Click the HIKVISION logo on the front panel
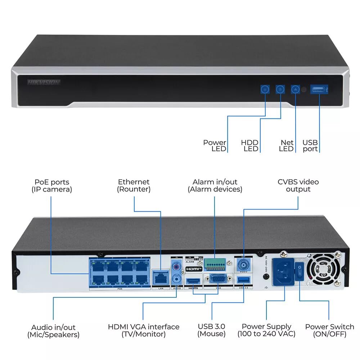[x=44, y=82]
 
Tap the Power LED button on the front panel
[x=265, y=89]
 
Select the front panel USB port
[x=319, y=89]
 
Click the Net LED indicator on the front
[x=295, y=89]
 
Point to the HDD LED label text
[x=250, y=146]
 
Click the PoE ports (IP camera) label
[x=52, y=186]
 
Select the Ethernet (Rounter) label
[x=134, y=186]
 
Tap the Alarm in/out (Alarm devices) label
[x=215, y=186]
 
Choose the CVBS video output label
[x=298, y=186]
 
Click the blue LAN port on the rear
[x=161, y=278]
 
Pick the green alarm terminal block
[x=215, y=265]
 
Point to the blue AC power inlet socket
[x=283, y=271]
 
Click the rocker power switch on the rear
[x=299, y=271]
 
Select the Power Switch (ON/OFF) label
[x=329, y=330]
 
